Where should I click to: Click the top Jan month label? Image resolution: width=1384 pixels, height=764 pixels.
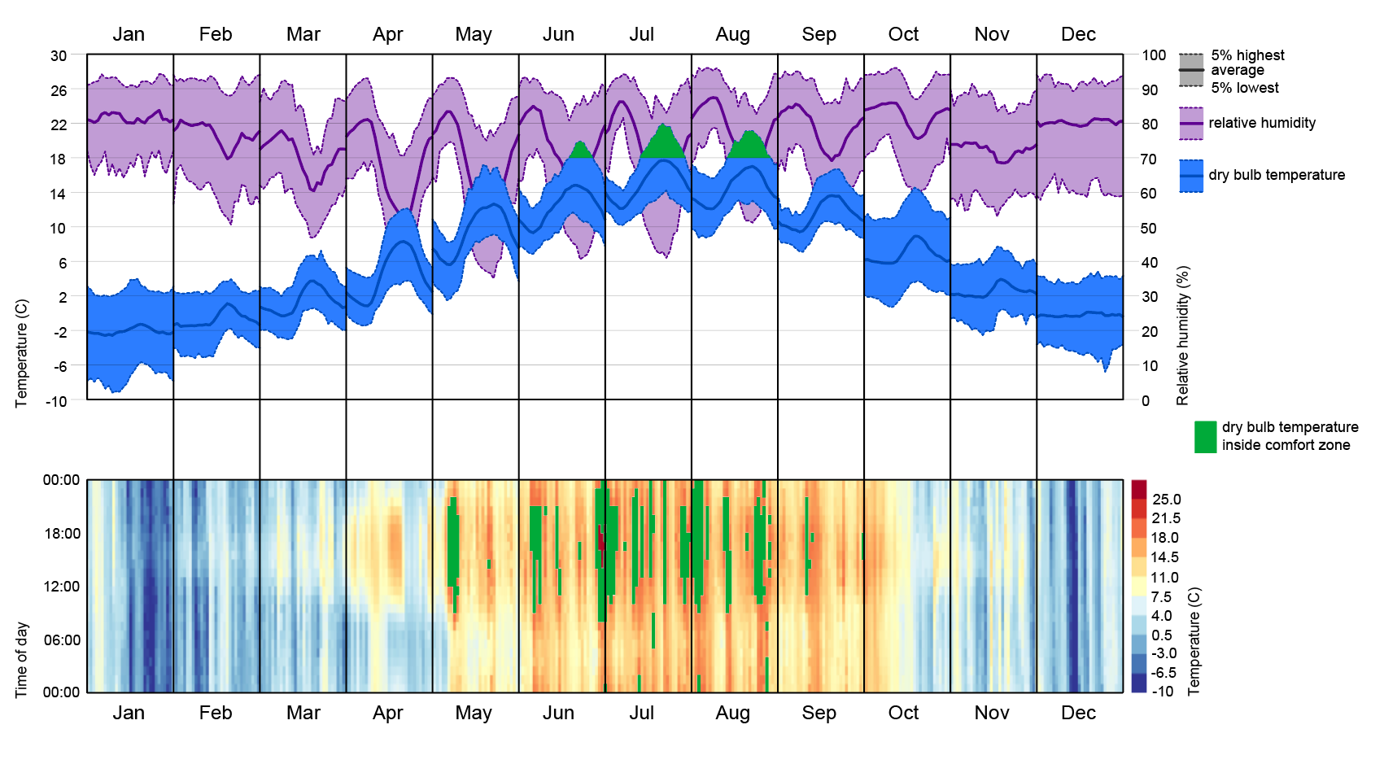[129, 34]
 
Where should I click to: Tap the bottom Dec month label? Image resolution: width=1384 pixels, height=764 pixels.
[1078, 713]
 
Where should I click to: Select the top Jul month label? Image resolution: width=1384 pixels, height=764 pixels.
[641, 34]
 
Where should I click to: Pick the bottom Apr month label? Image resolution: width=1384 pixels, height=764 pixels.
[388, 713]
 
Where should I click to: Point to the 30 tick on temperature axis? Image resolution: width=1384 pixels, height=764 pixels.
[59, 56]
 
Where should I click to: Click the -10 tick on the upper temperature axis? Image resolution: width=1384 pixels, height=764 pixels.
[56, 400]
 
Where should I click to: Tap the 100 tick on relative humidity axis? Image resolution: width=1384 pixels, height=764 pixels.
[1153, 55]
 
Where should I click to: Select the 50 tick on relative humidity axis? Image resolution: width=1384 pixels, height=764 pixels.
[1149, 228]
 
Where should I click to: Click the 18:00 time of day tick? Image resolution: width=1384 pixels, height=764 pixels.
[61, 534]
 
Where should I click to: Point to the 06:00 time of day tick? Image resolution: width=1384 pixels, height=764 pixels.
[61, 640]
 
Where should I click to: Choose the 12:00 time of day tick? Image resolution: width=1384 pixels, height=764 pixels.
[61, 587]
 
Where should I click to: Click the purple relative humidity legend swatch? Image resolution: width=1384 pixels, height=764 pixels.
[1191, 123]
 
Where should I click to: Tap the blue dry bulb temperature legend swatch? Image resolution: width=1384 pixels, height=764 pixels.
[1191, 176]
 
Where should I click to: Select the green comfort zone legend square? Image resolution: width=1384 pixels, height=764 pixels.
[1205, 437]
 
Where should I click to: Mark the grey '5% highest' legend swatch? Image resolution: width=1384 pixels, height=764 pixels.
[1191, 63]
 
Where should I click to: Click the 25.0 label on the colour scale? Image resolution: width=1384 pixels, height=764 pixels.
[1166, 500]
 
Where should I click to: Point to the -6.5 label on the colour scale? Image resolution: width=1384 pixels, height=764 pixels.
[1164, 673]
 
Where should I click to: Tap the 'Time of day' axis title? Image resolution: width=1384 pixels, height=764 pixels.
[22, 660]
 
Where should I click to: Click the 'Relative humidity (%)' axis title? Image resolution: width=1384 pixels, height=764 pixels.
[1183, 335]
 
